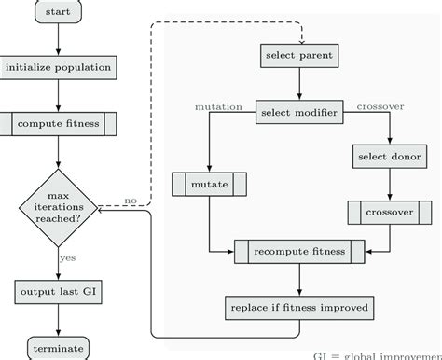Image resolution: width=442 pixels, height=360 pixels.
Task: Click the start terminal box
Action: (58, 14)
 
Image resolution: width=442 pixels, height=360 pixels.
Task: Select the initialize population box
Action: (58, 67)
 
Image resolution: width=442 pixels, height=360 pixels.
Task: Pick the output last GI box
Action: (58, 292)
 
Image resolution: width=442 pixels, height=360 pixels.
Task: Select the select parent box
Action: (298, 55)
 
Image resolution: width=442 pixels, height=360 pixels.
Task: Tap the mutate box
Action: (210, 185)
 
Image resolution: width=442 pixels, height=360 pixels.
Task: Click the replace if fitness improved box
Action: (298, 306)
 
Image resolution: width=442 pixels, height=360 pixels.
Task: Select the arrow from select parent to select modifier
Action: (298, 82)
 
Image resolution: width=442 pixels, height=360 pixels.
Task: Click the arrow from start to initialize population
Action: (58, 40)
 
